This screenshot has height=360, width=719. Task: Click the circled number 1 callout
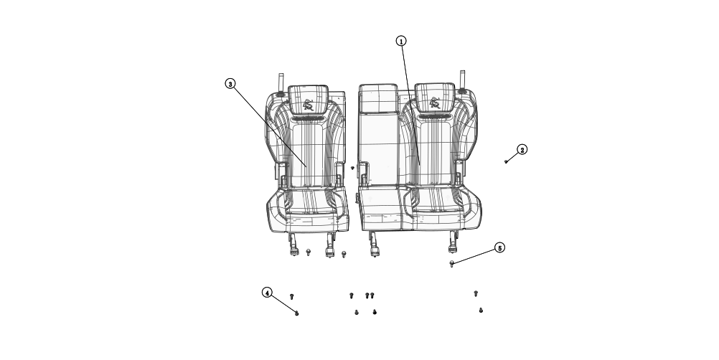(401, 41)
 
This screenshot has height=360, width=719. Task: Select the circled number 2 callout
(522, 150)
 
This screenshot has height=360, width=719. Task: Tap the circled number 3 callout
(230, 84)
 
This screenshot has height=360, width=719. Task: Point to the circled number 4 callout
(267, 293)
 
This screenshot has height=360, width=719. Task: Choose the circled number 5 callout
(499, 248)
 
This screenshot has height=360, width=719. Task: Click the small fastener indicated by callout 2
(506, 161)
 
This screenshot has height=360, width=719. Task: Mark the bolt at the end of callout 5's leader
(451, 264)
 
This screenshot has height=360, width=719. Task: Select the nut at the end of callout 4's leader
(297, 313)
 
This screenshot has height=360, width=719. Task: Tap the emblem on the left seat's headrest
(309, 104)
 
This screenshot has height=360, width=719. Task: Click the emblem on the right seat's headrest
(435, 103)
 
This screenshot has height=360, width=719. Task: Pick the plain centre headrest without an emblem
(377, 98)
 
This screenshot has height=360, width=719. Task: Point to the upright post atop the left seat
(281, 82)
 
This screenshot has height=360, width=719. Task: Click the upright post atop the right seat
(463, 80)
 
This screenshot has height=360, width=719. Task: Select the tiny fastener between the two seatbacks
(352, 168)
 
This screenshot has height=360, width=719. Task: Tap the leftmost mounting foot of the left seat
(294, 246)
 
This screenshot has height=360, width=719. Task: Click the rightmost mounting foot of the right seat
(454, 245)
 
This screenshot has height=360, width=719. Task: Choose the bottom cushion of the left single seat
(309, 208)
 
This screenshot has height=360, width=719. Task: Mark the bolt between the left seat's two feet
(309, 252)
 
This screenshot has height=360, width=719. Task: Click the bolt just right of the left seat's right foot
(344, 254)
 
